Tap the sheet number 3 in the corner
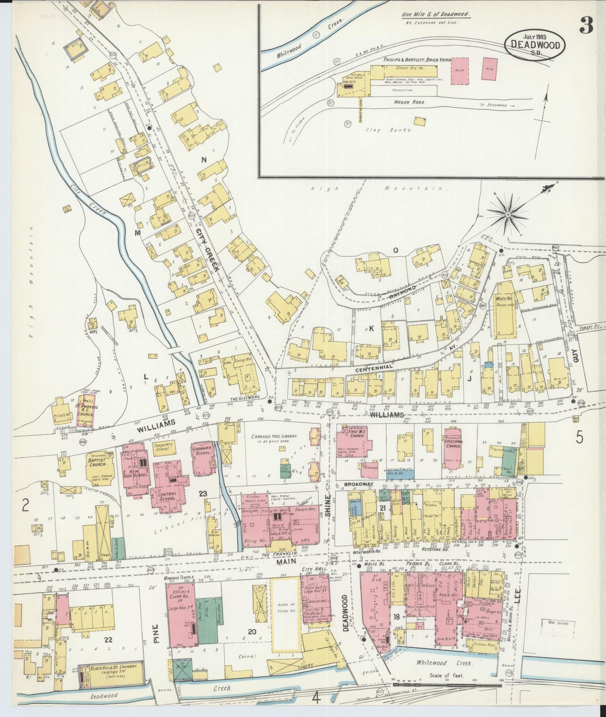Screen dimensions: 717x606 click(586, 26)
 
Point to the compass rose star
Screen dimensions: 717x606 click(507, 215)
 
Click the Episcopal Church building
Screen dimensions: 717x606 click(453, 446)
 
